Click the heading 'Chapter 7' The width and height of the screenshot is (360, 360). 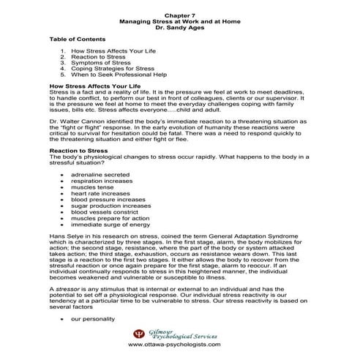[180, 15]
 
